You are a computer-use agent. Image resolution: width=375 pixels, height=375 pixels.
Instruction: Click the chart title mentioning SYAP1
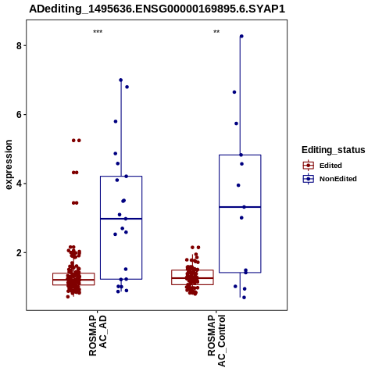[157, 9]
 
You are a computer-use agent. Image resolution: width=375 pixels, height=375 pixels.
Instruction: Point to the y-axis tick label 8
[19, 46]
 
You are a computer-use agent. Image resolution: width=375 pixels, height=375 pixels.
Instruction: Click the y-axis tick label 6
[19, 115]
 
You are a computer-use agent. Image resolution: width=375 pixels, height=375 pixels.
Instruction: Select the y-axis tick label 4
[19, 184]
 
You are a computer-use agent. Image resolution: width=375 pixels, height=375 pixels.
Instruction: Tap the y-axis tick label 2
[19, 253]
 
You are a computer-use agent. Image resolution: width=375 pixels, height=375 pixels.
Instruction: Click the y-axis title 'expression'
[9, 165]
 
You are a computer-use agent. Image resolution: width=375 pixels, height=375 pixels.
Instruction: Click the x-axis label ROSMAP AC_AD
[98, 336]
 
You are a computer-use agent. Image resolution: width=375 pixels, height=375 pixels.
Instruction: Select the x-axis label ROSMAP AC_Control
[216, 341]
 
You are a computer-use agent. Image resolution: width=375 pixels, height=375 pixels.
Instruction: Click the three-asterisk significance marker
[98, 32]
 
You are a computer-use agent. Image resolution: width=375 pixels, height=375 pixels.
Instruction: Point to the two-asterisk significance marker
[216, 32]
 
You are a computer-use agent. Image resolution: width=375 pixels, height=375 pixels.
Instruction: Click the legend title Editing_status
[334, 150]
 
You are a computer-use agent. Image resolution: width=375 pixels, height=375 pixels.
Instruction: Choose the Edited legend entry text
[330, 166]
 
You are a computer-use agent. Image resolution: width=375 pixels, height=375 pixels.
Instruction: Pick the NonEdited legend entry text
[338, 179]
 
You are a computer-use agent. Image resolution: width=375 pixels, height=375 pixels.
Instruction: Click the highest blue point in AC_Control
[241, 36]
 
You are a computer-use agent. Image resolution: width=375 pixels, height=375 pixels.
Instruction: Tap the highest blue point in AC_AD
[121, 80]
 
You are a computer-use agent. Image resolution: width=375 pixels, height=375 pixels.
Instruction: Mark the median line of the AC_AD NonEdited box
[121, 219]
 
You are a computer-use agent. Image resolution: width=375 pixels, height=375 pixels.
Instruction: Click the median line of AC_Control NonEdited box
[240, 207]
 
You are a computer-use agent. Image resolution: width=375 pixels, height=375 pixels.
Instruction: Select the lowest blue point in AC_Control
[244, 298]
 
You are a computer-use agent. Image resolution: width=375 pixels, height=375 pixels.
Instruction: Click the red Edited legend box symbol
[309, 166]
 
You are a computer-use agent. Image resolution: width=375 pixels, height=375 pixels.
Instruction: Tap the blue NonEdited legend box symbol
[309, 179]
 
